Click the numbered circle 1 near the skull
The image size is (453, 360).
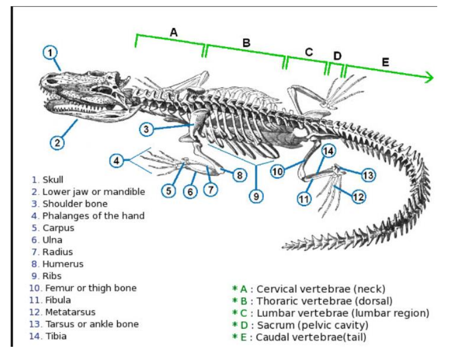click(x=50, y=52)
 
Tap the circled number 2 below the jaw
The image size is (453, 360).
click(x=57, y=143)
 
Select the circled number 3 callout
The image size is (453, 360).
click(x=147, y=129)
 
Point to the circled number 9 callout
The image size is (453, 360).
click(x=257, y=195)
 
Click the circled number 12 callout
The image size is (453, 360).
click(x=358, y=196)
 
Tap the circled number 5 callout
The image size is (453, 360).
click(x=169, y=191)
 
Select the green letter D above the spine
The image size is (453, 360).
click(x=337, y=55)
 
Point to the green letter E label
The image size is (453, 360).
click(x=386, y=62)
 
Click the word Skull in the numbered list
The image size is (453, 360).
click(x=53, y=180)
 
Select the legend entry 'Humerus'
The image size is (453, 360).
click(x=63, y=264)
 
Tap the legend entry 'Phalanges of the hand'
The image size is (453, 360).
click(x=93, y=216)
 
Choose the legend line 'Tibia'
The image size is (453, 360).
click(x=56, y=336)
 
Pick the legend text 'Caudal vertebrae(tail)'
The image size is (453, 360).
click(x=311, y=337)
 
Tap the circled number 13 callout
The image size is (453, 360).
click(x=368, y=175)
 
